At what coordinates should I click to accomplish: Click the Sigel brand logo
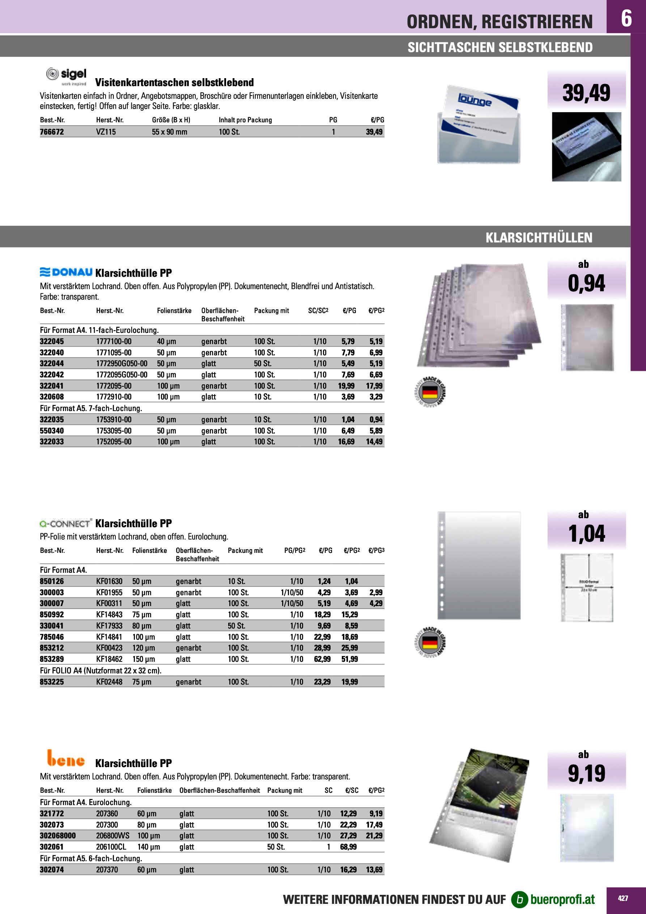[x=67, y=76]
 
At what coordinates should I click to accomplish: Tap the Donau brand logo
[x=67, y=272]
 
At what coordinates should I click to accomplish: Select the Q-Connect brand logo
[x=66, y=523]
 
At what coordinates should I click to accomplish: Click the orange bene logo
[x=66, y=758]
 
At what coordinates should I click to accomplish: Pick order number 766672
[x=52, y=132]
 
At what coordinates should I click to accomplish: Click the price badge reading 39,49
[x=586, y=92]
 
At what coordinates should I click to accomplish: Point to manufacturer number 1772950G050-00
[x=122, y=363]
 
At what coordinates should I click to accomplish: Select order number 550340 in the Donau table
[x=52, y=431]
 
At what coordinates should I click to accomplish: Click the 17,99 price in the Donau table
[x=374, y=386]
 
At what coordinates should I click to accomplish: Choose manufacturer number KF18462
[x=109, y=659]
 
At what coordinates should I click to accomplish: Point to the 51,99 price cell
[x=349, y=659]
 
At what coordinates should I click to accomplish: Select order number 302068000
[x=58, y=835]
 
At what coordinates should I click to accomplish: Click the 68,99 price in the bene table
[x=348, y=847]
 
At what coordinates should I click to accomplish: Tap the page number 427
[x=623, y=898]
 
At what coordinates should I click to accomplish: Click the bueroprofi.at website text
[x=562, y=899]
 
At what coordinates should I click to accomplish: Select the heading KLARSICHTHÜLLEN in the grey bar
[x=539, y=238]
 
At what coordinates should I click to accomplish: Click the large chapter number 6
[x=626, y=18]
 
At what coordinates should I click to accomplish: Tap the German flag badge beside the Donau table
[x=429, y=392]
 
